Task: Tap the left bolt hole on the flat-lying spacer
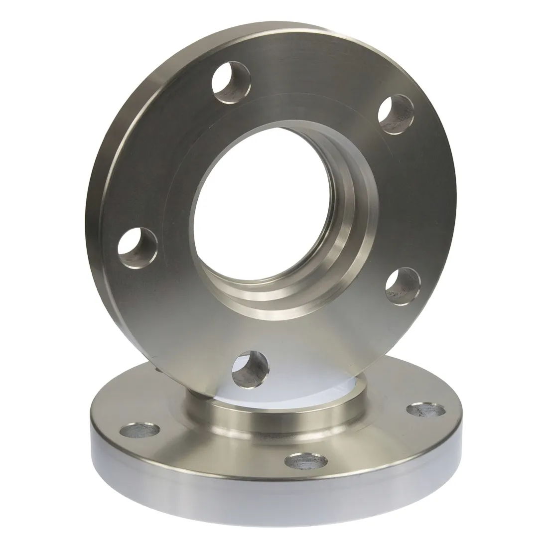coord(140,429)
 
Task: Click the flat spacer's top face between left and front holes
coord(209,453)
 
